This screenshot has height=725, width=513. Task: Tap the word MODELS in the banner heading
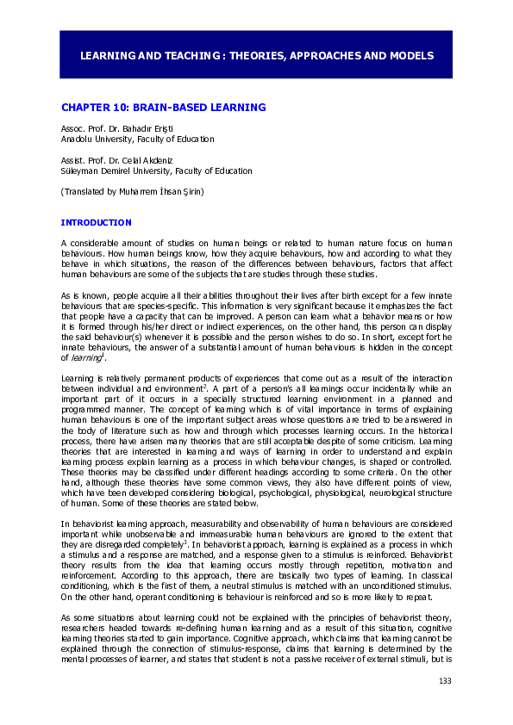410,55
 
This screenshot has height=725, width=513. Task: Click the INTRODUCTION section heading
96,222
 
